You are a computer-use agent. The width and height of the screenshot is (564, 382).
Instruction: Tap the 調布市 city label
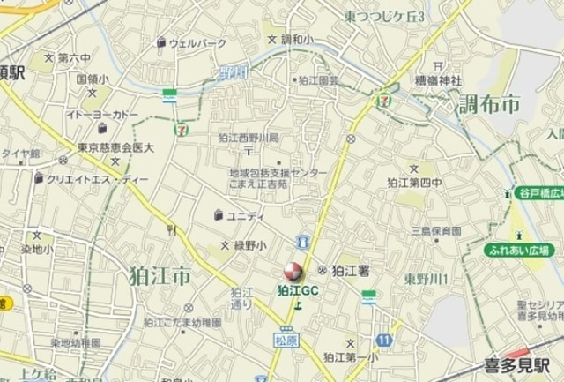pos(489,105)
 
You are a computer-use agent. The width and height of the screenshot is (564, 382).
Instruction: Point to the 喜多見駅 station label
pos(517,364)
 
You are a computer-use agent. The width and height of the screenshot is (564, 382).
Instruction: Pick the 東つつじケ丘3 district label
pos(384,17)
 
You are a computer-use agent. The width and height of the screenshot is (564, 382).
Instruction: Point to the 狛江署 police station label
pos(350,270)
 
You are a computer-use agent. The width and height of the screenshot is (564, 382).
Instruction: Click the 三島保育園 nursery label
pos(435,231)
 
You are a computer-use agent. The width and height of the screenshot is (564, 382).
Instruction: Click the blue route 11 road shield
pos(384,340)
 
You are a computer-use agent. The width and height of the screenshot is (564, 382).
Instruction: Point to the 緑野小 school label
pos(249,245)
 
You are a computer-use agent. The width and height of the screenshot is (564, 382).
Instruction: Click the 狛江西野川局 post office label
pos(249,138)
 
